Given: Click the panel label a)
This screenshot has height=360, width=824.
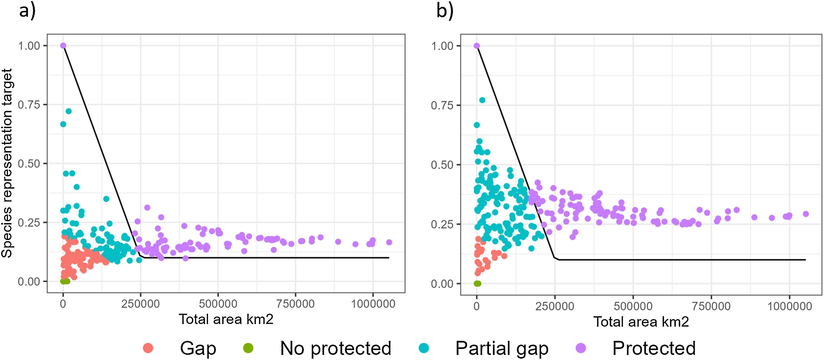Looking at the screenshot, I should pyautogui.click(x=27, y=11).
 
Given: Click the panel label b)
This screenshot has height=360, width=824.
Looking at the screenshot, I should pyautogui.click(x=445, y=11).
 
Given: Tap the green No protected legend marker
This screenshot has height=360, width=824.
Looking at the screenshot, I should pyautogui.click(x=248, y=348).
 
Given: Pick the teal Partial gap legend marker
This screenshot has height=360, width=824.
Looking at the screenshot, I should pyautogui.click(x=424, y=348).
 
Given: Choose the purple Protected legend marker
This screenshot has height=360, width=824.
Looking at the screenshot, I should pyautogui.click(x=580, y=348).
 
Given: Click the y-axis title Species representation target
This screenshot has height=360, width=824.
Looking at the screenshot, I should pyautogui.click(x=7, y=163).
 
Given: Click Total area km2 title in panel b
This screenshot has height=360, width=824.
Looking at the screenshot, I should pyautogui.click(x=641, y=321).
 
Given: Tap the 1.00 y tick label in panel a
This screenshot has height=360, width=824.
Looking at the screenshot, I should pyautogui.click(x=29, y=46).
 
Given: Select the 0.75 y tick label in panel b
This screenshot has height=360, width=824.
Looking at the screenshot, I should pyautogui.click(x=442, y=105).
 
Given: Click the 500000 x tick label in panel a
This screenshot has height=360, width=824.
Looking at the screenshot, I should pyautogui.click(x=218, y=304).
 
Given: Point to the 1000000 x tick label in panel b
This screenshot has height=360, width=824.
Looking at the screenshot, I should pyautogui.click(x=789, y=306).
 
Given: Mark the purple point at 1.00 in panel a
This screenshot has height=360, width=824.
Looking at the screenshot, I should pyautogui.click(x=63, y=46).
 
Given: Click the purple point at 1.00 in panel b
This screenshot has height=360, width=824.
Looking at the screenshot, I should pyautogui.click(x=477, y=46).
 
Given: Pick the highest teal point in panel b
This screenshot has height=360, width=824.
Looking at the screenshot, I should pyautogui.click(x=482, y=100).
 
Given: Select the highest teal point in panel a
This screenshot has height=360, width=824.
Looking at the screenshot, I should pyautogui.click(x=68, y=111).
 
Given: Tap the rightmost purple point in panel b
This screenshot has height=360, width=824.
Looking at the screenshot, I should pyautogui.click(x=806, y=214).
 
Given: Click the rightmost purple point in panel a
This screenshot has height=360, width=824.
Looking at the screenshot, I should pyautogui.click(x=389, y=242).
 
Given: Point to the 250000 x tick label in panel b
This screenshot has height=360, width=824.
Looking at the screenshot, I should pyautogui.click(x=555, y=306).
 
